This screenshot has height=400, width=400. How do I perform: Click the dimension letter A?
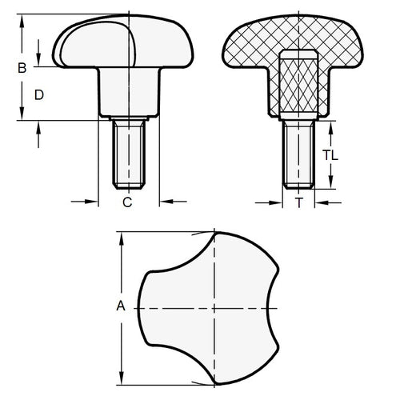(x=121, y=305)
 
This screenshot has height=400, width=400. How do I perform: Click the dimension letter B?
(x=22, y=68)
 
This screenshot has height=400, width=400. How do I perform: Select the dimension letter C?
(x=127, y=203)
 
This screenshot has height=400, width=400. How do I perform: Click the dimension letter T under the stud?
(x=298, y=203)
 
